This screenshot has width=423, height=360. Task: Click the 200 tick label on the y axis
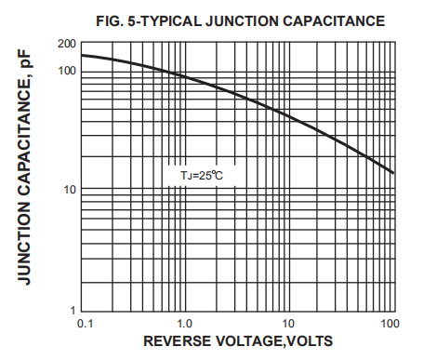tap(65, 44)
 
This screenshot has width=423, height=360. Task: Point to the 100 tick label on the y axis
tap(65, 71)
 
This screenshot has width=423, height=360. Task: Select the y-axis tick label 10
tap(68, 190)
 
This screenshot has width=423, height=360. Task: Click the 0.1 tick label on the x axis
tap(85, 323)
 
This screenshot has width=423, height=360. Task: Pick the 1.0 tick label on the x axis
tap(184, 323)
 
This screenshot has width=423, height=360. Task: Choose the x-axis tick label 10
tap(288, 323)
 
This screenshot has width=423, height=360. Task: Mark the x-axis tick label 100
tap(390, 323)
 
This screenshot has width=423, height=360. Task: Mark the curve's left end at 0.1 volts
tap(81, 55)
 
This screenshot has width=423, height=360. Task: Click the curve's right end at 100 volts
tap(394, 173)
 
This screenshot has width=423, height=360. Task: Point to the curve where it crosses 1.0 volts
tap(185, 77)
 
